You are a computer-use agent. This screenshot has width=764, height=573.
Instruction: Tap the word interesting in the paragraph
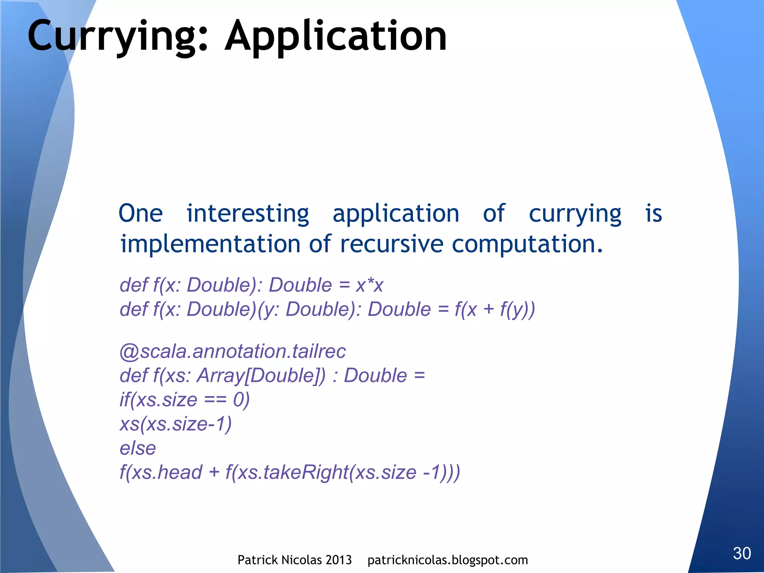(248, 214)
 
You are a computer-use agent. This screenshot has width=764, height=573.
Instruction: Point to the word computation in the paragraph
(527, 244)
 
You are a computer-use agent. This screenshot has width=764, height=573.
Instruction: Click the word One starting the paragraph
(141, 214)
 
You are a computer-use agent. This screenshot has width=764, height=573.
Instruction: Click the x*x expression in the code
(369, 285)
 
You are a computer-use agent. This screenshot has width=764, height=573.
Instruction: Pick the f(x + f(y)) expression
(495, 310)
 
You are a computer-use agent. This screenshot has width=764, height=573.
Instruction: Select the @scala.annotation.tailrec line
(233, 351)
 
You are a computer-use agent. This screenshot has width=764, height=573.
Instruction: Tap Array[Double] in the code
(261, 376)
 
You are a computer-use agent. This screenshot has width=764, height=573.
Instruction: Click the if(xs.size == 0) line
(185, 400)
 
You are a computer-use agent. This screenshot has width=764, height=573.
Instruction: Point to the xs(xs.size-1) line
(176, 424)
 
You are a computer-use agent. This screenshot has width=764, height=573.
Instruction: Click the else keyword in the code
(138, 448)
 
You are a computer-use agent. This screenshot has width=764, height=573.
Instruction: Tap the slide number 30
(742, 553)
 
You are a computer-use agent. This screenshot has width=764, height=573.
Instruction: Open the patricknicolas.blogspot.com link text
(448, 560)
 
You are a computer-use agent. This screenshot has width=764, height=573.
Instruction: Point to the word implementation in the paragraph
(210, 244)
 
